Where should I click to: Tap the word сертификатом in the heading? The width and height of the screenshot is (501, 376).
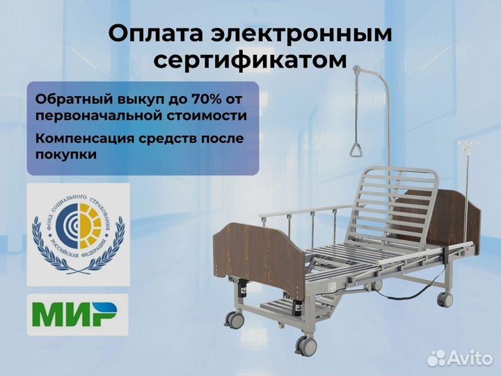click(x=250, y=61)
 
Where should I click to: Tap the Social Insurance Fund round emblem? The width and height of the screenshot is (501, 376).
click(x=77, y=233)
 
